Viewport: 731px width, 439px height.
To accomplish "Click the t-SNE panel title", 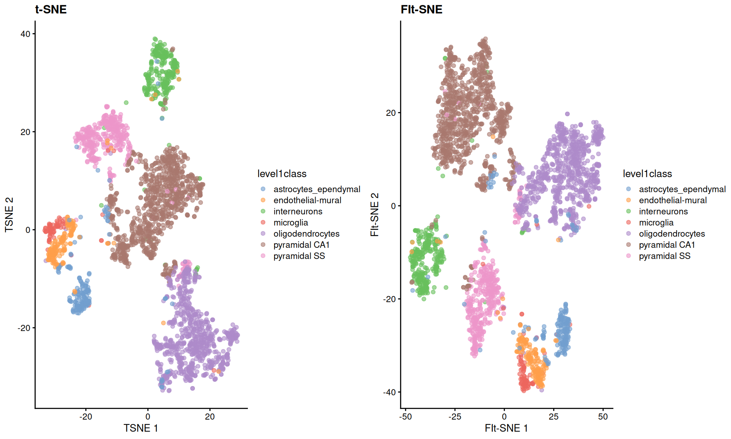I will [x=51, y=9].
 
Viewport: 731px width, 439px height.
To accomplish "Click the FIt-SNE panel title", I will [x=421, y=9].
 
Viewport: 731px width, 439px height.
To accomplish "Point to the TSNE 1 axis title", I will [x=140, y=428].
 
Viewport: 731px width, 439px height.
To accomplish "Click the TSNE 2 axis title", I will [x=9, y=215].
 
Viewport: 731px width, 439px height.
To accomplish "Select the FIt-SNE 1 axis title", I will [x=506, y=428].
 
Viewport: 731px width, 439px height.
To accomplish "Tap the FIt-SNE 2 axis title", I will [x=375, y=215].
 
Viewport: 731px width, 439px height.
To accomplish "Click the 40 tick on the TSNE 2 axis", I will [x=25, y=34].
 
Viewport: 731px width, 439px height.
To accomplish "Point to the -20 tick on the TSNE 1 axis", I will [x=86, y=417].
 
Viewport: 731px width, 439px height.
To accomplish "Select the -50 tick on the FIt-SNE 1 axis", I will [x=405, y=417].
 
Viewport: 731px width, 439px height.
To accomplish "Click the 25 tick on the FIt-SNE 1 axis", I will [x=554, y=417].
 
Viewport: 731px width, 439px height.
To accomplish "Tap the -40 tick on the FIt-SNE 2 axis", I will [x=389, y=392].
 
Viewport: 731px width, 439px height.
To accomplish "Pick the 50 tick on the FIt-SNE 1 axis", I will [x=603, y=417].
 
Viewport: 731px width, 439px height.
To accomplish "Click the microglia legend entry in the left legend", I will [x=290, y=223].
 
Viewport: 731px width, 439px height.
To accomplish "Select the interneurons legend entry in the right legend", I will [x=663, y=211].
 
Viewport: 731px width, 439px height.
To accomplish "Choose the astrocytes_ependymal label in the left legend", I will [x=316, y=189].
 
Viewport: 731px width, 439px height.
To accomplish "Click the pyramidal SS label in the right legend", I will [x=664, y=256].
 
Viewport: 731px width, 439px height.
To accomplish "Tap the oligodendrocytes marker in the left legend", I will [x=263, y=234].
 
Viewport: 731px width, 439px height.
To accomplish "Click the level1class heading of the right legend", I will [x=647, y=174].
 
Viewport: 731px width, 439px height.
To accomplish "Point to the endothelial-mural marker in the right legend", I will [x=629, y=200].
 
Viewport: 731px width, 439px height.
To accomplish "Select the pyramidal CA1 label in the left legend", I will [x=301, y=245].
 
